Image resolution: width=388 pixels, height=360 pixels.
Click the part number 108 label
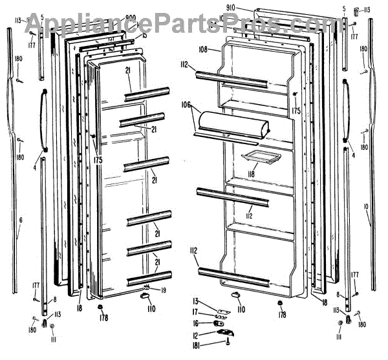203,49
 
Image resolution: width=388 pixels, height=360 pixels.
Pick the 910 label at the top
233,8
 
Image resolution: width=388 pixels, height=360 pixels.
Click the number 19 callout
163,290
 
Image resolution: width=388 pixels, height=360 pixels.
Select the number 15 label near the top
144,35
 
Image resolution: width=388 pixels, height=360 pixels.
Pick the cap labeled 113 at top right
356,10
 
